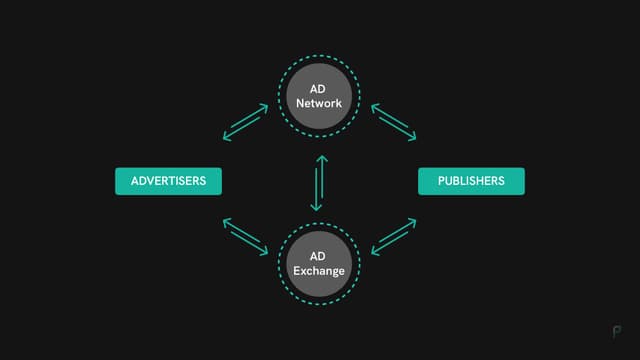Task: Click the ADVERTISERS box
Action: click(x=168, y=181)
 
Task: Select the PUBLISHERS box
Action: click(x=471, y=181)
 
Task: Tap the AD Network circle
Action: click(x=319, y=96)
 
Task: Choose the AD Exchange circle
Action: click(x=319, y=264)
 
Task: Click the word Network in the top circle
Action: click(x=319, y=103)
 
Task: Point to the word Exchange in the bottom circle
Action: click(x=319, y=271)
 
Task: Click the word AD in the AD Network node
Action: click(x=319, y=89)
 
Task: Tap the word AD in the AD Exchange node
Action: click(x=319, y=257)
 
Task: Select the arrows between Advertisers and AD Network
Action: click(x=245, y=122)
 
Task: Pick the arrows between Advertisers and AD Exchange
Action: click(x=245, y=237)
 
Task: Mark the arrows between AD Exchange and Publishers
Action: click(x=393, y=237)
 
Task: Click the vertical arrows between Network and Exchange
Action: click(x=319, y=181)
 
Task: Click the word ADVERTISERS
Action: click(x=168, y=181)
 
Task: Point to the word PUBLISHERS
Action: click(x=471, y=181)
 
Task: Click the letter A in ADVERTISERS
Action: click(x=133, y=181)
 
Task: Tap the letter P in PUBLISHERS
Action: click(x=441, y=181)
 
